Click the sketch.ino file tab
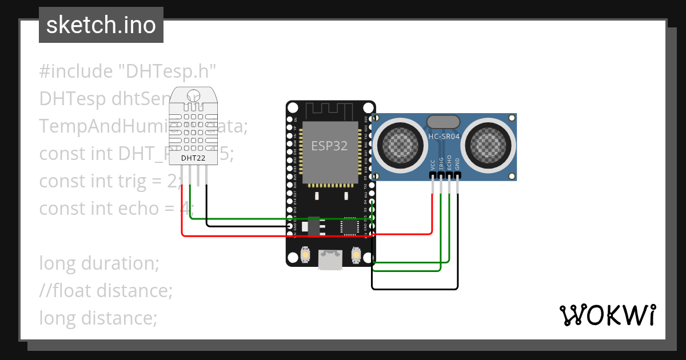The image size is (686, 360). click(x=101, y=25)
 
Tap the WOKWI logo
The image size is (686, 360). click(x=607, y=315)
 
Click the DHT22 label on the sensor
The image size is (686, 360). click(x=193, y=158)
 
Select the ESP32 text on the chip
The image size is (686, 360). click(x=329, y=146)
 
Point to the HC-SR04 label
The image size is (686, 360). click(x=444, y=136)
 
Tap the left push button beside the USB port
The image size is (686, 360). click(x=306, y=255)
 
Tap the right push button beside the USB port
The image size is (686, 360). click(x=356, y=255)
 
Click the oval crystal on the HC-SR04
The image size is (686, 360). click(x=443, y=121)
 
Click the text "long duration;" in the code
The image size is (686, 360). click(x=98, y=263)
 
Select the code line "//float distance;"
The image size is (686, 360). click(x=106, y=291)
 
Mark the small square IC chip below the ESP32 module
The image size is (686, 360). click(x=349, y=226)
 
